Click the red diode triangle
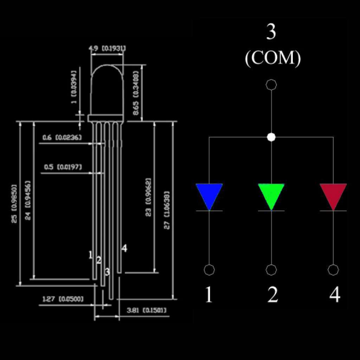click(x=333, y=194)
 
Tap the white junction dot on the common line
click(x=271, y=137)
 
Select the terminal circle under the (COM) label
click(x=271, y=85)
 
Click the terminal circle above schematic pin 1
click(x=209, y=270)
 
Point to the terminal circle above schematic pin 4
click(x=333, y=270)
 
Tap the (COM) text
click(x=273, y=59)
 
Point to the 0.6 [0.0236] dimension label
click(x=62, y=137)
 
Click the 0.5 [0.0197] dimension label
click(x=63, y=167)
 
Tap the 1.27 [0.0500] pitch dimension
click(x=63, y=299)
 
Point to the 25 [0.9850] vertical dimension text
click(x=14, y=203)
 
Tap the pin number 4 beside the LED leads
click(x=124, y=249)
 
